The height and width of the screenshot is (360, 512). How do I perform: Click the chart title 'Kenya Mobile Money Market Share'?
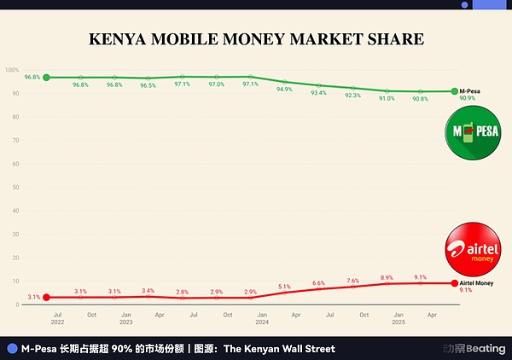coord(257,39)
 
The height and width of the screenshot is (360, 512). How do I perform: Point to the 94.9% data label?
coord(284,89)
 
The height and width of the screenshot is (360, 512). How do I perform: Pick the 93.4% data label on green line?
coord(318,92)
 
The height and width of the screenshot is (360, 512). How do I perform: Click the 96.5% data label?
coord(148,86)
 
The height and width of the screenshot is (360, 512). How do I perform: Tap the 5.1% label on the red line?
coord(284,287)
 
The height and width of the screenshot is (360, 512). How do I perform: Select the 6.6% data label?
coord(318,282)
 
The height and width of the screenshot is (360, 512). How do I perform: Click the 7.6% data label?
coord(352,281)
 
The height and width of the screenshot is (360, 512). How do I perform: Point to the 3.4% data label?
coord(148,291)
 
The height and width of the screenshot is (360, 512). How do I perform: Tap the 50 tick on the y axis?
coord(13,187)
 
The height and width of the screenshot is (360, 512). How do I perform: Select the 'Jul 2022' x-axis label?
coord(58,318)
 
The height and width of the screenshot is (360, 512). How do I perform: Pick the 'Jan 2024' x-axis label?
coord(263,318)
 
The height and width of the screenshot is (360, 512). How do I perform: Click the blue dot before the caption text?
coord(11,349)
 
